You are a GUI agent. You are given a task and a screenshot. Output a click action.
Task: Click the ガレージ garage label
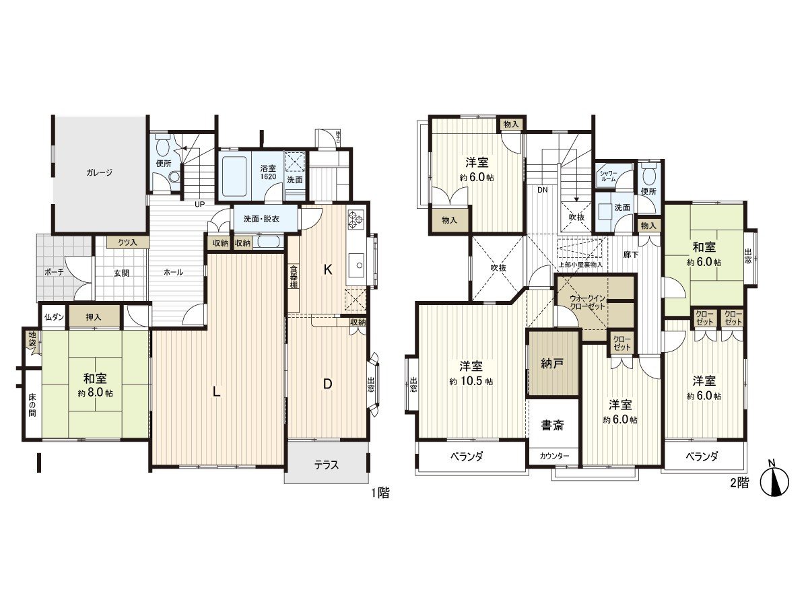point(99,172)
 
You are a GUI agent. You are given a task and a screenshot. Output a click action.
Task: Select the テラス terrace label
point(327,465)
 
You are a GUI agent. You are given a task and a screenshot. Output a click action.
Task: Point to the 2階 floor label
point(739,482)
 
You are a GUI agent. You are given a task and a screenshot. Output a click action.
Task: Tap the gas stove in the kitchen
point(355,219)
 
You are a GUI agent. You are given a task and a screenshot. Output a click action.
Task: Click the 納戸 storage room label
point(552,363)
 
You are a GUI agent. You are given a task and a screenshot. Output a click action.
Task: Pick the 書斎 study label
point(553,426)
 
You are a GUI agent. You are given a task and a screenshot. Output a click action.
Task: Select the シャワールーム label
point(608,176)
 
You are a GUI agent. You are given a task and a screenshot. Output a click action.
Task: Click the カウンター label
point(553,456)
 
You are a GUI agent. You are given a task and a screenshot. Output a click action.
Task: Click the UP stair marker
point(200,204)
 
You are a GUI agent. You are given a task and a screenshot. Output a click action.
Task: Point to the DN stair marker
point(541,191)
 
